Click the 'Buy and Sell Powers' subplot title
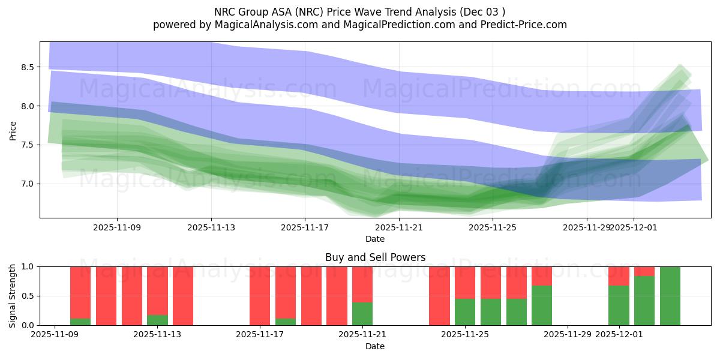tap(375, 257)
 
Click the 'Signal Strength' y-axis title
tap(13, 295)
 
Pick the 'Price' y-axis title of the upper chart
tap(13, 130)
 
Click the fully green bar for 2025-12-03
tap(670, 296)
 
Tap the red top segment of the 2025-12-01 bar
tap(619, 276)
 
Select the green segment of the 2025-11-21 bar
tap(362, 314)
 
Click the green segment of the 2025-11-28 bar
tap(542, 305)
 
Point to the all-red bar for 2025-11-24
tap(439, 296)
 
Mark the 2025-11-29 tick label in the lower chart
tap(568, 335)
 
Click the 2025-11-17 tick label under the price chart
tap(305, 228)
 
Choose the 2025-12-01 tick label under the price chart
tap(633, 228)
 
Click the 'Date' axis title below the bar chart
tap(375, 346)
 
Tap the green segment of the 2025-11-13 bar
tap(157, 320)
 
